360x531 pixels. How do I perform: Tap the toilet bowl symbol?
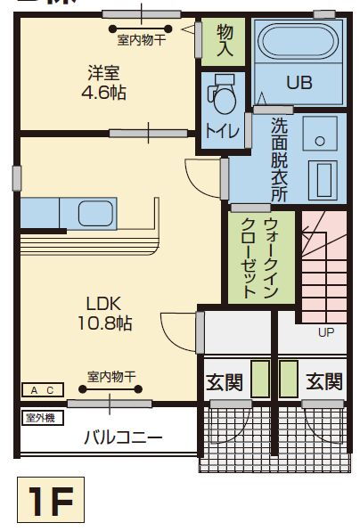tap(221, 94)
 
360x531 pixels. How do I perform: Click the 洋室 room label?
tap(103, 72)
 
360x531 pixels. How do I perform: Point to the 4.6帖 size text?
tap(103, 92)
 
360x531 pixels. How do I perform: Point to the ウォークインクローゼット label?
tap(250, 258)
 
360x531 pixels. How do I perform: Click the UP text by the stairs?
tap(327, 332)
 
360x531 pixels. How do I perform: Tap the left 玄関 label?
tap(225, 381)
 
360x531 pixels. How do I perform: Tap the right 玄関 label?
tap(324, 381)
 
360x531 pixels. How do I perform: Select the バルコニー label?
tap(123, 437)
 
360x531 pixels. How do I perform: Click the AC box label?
tap(43, 390)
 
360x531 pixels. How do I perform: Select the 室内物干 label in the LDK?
tap(110, 376)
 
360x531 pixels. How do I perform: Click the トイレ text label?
tap(222, 131)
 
